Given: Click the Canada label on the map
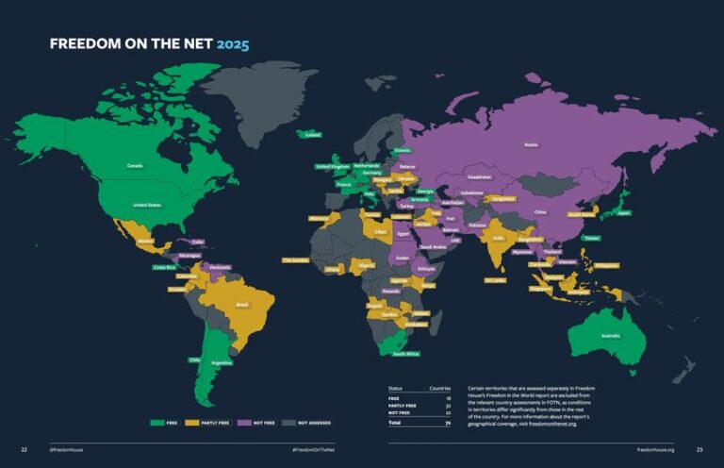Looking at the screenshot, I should point(135,166).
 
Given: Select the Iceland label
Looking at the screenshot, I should point(313,135).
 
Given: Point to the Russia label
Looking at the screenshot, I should point(531,144).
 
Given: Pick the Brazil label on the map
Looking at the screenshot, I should point(242,305).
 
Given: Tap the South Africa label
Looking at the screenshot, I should point(406,354).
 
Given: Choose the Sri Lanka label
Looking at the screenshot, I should point(495,280).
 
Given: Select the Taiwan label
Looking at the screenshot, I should point(591,238).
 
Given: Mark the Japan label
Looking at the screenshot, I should point(623,213).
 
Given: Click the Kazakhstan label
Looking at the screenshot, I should point(479,176).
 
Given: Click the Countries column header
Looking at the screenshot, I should point(440,388).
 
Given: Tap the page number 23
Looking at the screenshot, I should point(699,449).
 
